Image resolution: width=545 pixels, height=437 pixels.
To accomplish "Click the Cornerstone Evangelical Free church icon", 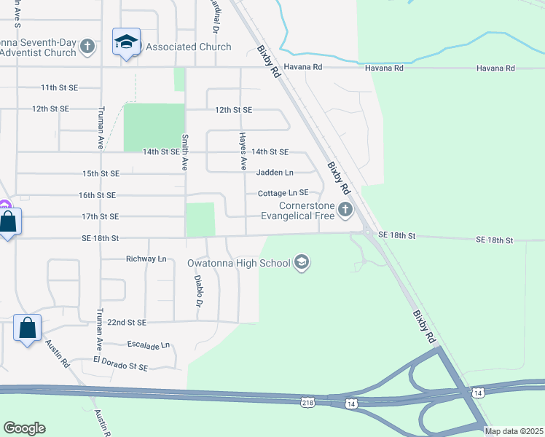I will pyautogui.click(x=345, y=211).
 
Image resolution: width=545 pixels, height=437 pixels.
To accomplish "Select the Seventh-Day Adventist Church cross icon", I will pyautogui.click(x=87, y=47).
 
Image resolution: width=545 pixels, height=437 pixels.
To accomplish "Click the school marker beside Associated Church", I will pyautogui.click(x=126, y=42).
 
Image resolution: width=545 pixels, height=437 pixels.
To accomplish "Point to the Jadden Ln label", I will pyautogui.click(x=275, y=173).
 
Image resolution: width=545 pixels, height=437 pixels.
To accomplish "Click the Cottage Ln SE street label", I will pyautogui.click(x=283, y=193).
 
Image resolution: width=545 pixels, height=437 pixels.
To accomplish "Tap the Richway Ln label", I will pyautogui.click(x=146, y=259).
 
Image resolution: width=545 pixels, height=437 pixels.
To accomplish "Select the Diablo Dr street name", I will pyautogui.click(x=197, y=291).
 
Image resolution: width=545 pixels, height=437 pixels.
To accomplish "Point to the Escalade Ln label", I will pyautogui.click(x=148, y=345).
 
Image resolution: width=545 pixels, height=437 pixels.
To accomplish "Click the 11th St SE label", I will pyautogui.click(x=59, y=87).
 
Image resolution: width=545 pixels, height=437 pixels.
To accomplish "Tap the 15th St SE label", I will pyautogui.click(x=101, y=173).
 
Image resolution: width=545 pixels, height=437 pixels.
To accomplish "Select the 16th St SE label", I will pyautogui.click(x=98, y=195).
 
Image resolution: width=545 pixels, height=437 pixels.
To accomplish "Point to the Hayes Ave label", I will pyautogui.click(x=241, y=147).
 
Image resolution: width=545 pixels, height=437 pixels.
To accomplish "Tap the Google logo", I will pyautogui.click(x=24, y=428).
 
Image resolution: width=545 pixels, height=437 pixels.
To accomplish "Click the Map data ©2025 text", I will pyautogui.click(x=513, y=431).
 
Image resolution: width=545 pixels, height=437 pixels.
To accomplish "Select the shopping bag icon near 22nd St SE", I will pyautogui.click(x=27, y=328).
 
